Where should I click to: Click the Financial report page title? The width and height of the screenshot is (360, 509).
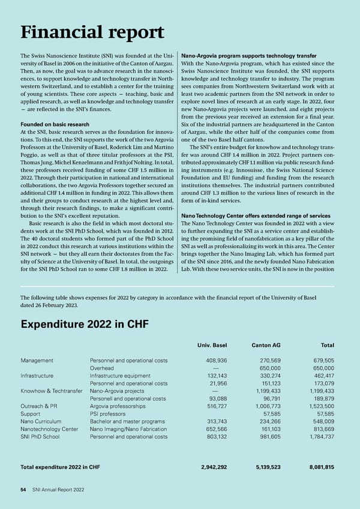92,33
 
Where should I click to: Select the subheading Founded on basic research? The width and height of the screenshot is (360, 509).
58,124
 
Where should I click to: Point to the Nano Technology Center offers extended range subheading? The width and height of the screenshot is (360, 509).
255,215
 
